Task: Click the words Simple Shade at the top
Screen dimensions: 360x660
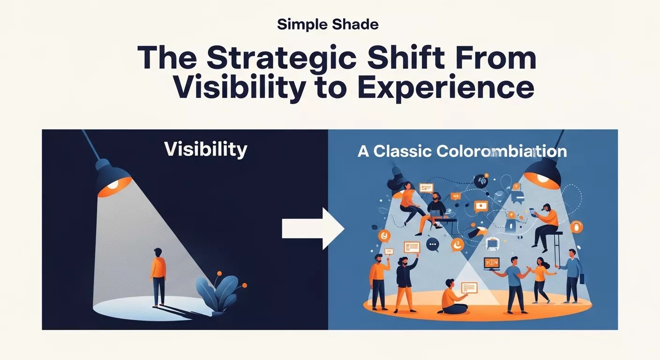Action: (328, 24)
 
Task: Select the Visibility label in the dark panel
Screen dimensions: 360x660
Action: (205, 150)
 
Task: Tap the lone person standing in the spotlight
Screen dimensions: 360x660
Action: (158, 277)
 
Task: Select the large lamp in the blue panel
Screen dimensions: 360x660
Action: (543, 171)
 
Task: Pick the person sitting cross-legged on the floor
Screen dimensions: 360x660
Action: (452, 299)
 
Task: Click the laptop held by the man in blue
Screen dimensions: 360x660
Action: (491, 264)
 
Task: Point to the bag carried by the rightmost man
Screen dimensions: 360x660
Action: (582, 278)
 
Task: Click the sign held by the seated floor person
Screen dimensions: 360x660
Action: (469, 287)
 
